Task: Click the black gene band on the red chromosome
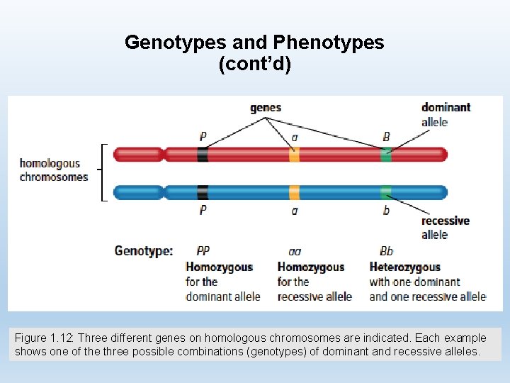click(203, 154)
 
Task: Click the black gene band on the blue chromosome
click(203, 191)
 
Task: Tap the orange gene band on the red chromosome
click(294, 154)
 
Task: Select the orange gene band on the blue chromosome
click(294, 191)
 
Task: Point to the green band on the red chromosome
click(386, 154)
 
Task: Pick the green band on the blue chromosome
click(386, 191)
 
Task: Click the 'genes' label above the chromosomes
click(266, 108)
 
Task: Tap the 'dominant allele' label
click(446, 114)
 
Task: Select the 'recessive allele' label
click(445, 228)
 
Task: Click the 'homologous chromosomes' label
click(54, 170)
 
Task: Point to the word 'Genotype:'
click(144, 250)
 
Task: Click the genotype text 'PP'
click(203, 250)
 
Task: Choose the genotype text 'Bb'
click(386, 250)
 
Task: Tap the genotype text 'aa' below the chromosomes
click(295, 251)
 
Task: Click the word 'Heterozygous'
click(404, 267)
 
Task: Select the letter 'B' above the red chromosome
click(386, 136)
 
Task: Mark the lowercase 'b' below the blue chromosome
click(386, 210)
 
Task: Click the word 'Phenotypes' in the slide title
click(335, 43)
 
